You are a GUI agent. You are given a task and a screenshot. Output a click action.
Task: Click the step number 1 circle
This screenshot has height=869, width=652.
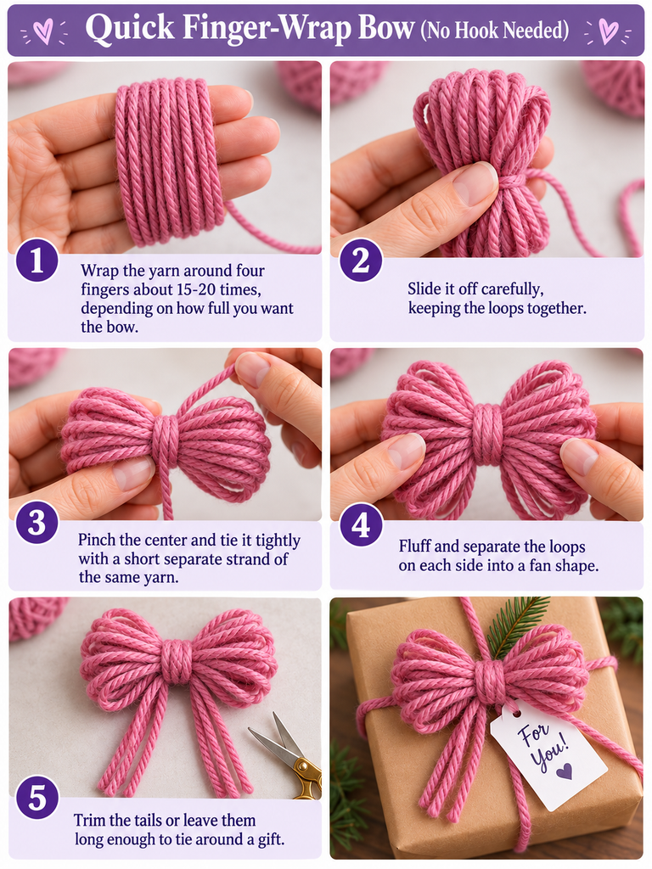click(x=37, y=260)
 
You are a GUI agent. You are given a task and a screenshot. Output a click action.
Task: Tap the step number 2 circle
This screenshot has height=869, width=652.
click(x=361, y=260)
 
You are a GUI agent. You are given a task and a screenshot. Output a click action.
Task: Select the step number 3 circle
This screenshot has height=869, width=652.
click(x=37, y=523)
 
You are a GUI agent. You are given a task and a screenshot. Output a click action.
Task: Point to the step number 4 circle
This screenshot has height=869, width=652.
click(x=361, y=524)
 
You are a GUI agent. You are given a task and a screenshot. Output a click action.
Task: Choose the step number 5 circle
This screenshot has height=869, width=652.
click(x=37, y=798)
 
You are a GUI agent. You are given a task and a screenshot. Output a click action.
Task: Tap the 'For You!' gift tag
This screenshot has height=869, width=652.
click(x=548, y=752)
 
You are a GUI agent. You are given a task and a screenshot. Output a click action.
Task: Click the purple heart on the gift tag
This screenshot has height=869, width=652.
click(x=565, y=771)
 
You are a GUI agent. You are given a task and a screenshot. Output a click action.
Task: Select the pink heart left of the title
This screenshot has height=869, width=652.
click(x=42, y=31)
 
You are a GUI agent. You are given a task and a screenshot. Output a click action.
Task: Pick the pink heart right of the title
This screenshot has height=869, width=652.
click(x=608, y=31)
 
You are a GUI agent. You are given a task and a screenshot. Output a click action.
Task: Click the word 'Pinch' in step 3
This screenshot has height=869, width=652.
click(x=97, y=539)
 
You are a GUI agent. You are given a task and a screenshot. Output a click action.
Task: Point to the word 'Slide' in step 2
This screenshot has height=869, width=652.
click(x=426, y=289)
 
